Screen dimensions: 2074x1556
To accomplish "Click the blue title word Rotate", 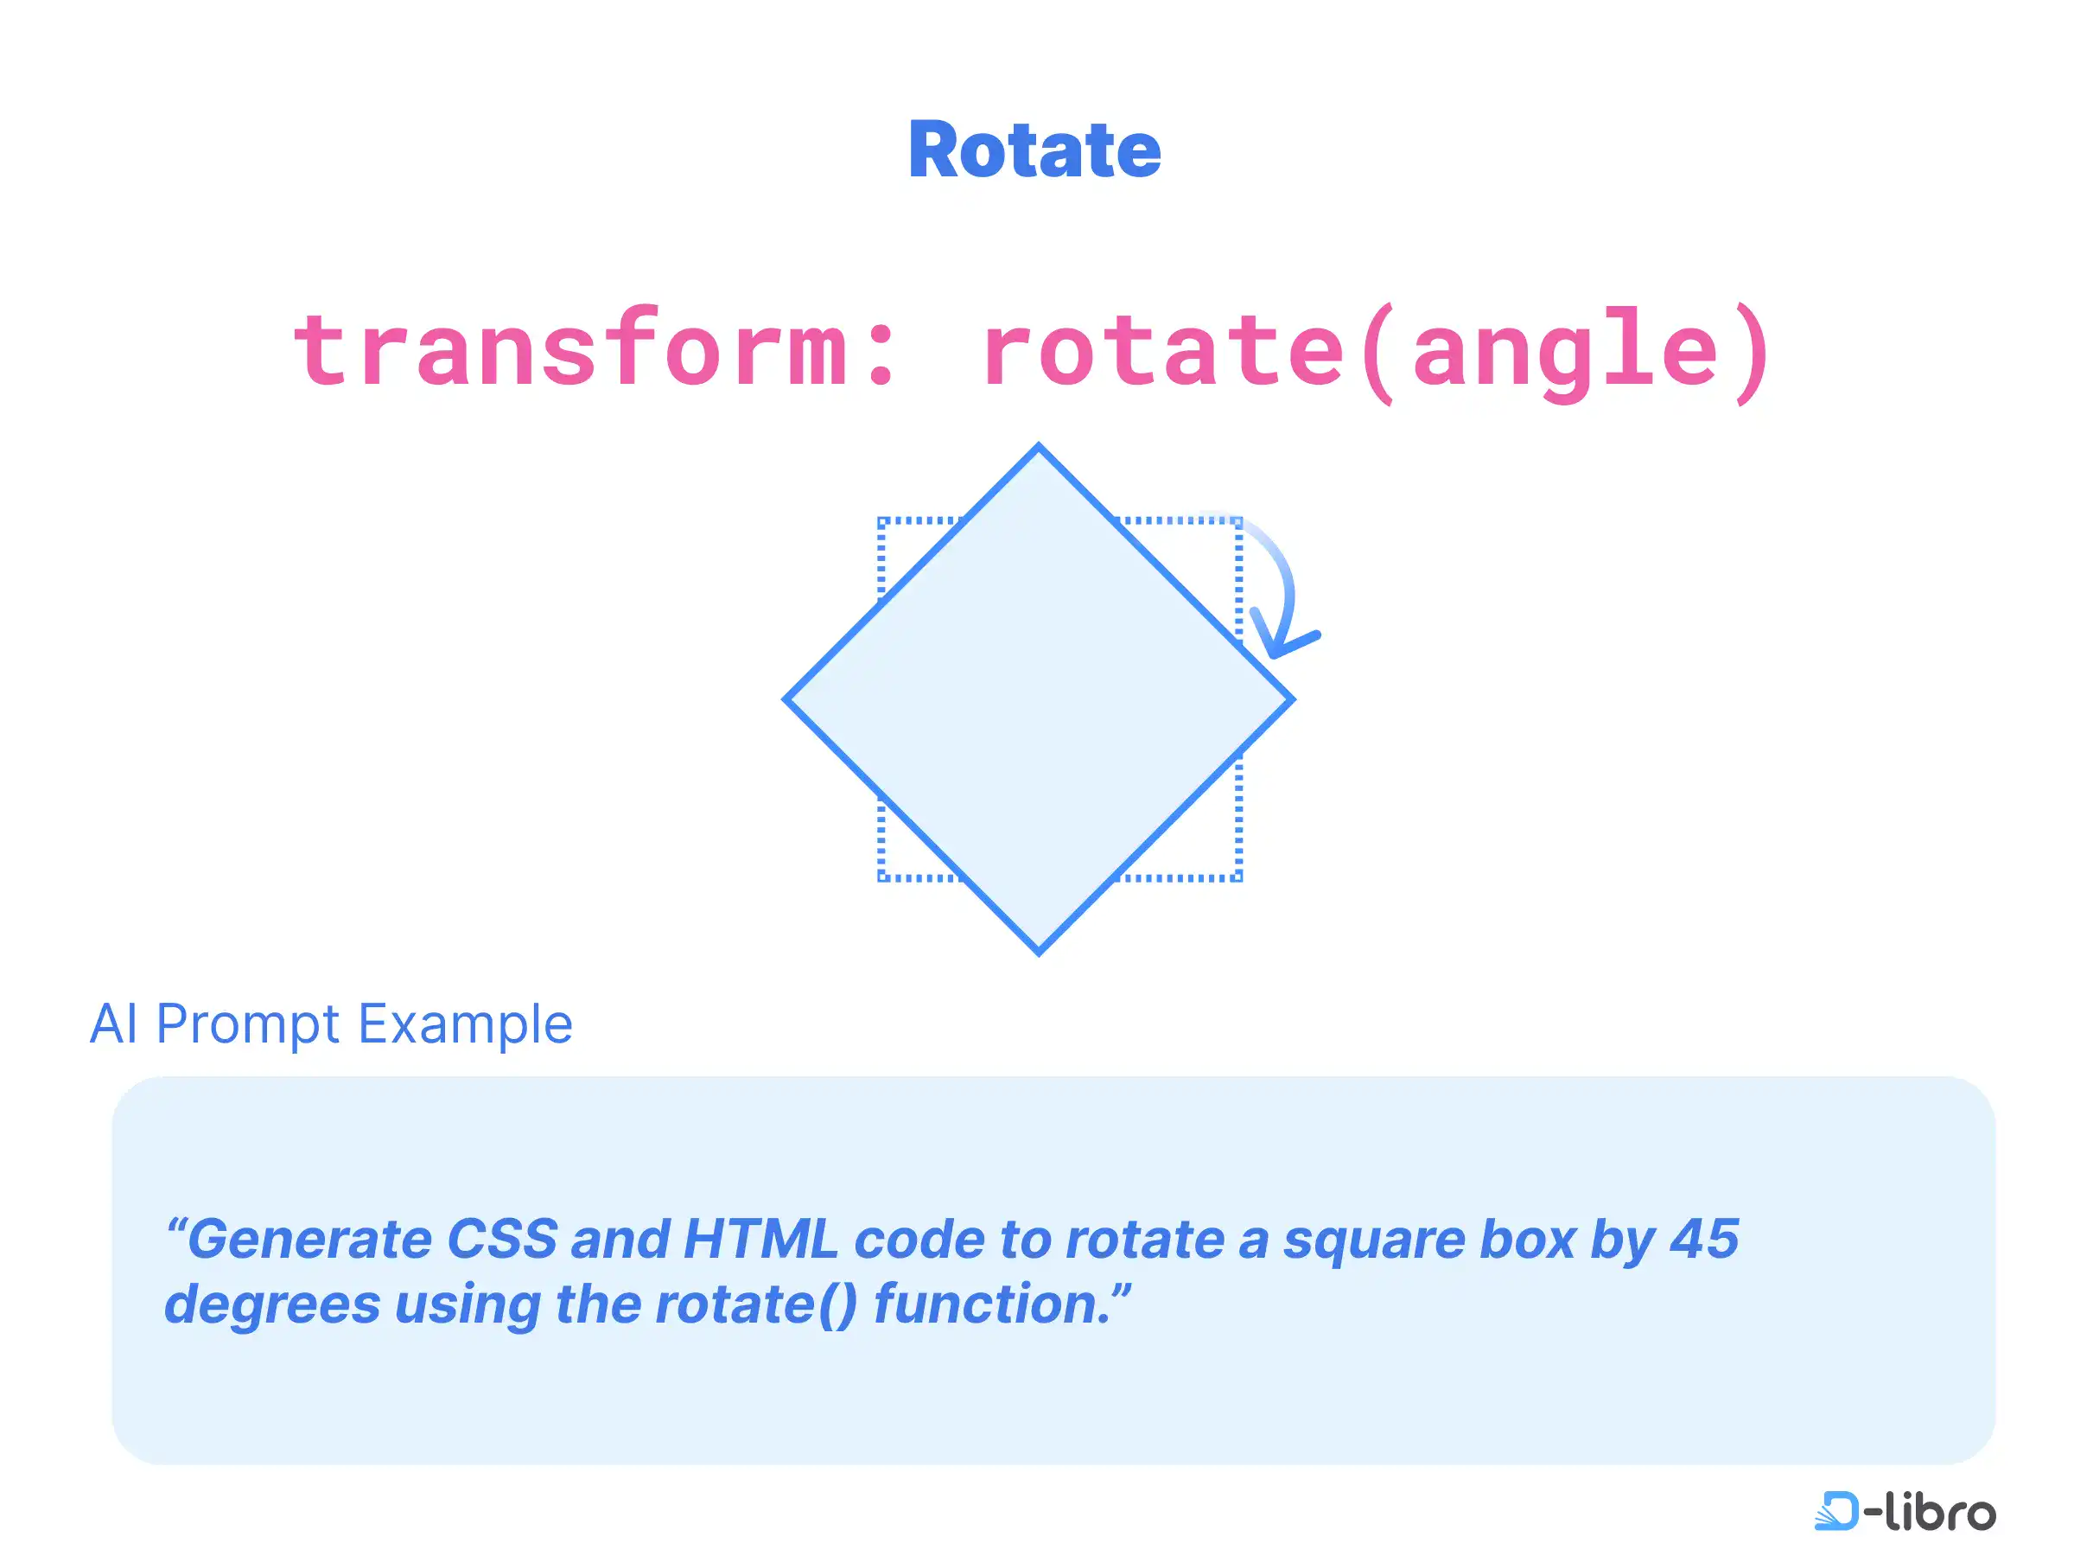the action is point(1035,150).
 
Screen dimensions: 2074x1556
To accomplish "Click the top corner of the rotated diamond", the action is point(1039,446).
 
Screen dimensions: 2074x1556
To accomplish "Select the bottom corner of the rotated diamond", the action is point(1039,953).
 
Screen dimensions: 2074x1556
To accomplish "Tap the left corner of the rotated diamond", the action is point(786,698).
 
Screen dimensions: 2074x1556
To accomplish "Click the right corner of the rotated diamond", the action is point(1293,698).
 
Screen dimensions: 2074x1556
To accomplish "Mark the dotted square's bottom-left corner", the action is point(881,879).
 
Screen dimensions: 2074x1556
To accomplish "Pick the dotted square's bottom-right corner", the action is point(1240,879).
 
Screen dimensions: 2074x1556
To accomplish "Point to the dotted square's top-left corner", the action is point(881,519).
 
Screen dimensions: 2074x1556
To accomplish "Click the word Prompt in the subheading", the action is point(247,1025).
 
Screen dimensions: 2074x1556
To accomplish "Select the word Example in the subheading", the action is point(465,1025).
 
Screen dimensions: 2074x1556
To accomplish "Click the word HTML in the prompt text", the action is point(760,1238).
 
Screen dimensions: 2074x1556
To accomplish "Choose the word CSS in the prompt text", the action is point(503,1238).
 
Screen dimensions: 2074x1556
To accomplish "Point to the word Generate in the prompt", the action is point(311,1238).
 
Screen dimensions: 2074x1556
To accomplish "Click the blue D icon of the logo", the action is point(1835,1510).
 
